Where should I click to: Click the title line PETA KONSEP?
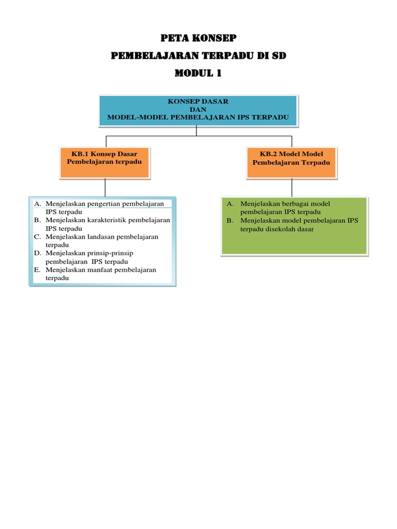click(198, 38)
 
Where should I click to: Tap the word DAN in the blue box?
click(198, 110)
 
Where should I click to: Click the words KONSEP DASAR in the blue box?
click(198, 102)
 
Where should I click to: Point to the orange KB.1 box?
click(105, 162)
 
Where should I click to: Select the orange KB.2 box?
click(292, 162)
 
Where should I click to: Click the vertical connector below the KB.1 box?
click(105, 187)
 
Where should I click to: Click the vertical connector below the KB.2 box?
click(292, 187)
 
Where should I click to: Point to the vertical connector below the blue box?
click(196, 131)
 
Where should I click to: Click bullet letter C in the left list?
click(37, 237)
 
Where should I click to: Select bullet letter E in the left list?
click(37, 270)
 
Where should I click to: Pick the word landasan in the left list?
click(103, 237)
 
